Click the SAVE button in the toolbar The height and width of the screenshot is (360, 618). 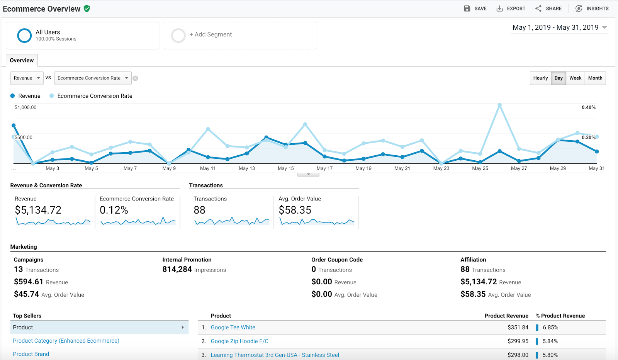click(x=475, y=8)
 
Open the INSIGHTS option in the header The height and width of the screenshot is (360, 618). click(x=592, y=8)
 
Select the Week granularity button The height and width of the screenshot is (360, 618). click(x=575, y=78)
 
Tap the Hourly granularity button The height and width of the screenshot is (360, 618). click(x=540, y=78)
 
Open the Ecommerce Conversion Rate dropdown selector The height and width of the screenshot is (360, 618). click(x=93, y=78)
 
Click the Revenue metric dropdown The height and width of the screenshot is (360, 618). click(x=27, y=78)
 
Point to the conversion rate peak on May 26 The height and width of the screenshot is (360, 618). click(x=499, y=105)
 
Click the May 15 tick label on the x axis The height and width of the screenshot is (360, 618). click(x=285, y=168)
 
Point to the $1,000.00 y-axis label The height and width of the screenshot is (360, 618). click(x=25, y=107)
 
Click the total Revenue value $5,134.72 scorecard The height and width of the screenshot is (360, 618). click(x=38, y=210)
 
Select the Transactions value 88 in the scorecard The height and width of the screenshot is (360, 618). click(x=199, y=210)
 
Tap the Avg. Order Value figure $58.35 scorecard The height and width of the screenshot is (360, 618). click(x=295, y=210)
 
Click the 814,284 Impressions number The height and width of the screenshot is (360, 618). click(x=177, y=269)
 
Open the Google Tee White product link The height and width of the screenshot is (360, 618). click(x=233, y=328)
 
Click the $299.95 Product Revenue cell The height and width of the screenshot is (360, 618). click(x=518, y=341)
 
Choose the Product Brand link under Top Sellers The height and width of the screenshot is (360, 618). click(x=31, y=354)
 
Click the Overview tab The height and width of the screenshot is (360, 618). click(x=22, y=61)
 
